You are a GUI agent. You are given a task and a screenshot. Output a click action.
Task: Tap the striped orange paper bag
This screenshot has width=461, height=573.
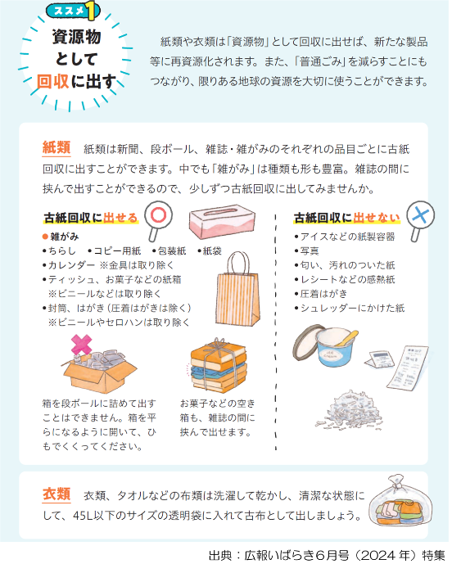[237, 290]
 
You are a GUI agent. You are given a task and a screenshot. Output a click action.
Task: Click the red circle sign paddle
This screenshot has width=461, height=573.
[157, 220]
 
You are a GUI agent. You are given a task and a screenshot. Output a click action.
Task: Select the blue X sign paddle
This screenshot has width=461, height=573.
[420, 220]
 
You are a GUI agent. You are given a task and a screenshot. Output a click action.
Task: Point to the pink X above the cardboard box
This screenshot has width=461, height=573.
[81, 345]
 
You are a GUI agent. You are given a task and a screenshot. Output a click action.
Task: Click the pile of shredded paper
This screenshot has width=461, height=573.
[349, 409]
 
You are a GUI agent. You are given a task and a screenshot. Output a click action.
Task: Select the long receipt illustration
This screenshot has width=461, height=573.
[408, 368]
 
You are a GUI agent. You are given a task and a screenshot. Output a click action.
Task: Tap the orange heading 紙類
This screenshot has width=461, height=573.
[56, 147]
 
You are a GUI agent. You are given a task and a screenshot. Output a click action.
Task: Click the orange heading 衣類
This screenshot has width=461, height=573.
[56, 494]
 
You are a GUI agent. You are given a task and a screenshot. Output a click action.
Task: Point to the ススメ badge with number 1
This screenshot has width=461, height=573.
[73, 11]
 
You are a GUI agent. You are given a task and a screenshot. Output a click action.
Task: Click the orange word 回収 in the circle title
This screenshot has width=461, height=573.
[52, 81]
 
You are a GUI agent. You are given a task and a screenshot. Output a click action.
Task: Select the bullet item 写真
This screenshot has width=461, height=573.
[307, 251]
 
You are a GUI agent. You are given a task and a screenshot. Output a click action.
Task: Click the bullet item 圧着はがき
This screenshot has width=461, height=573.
[321, 294]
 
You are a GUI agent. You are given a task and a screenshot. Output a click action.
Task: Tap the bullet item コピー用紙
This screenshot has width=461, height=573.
[115, 251]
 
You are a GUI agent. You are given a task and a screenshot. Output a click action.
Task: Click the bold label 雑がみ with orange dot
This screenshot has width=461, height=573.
[61, 237]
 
